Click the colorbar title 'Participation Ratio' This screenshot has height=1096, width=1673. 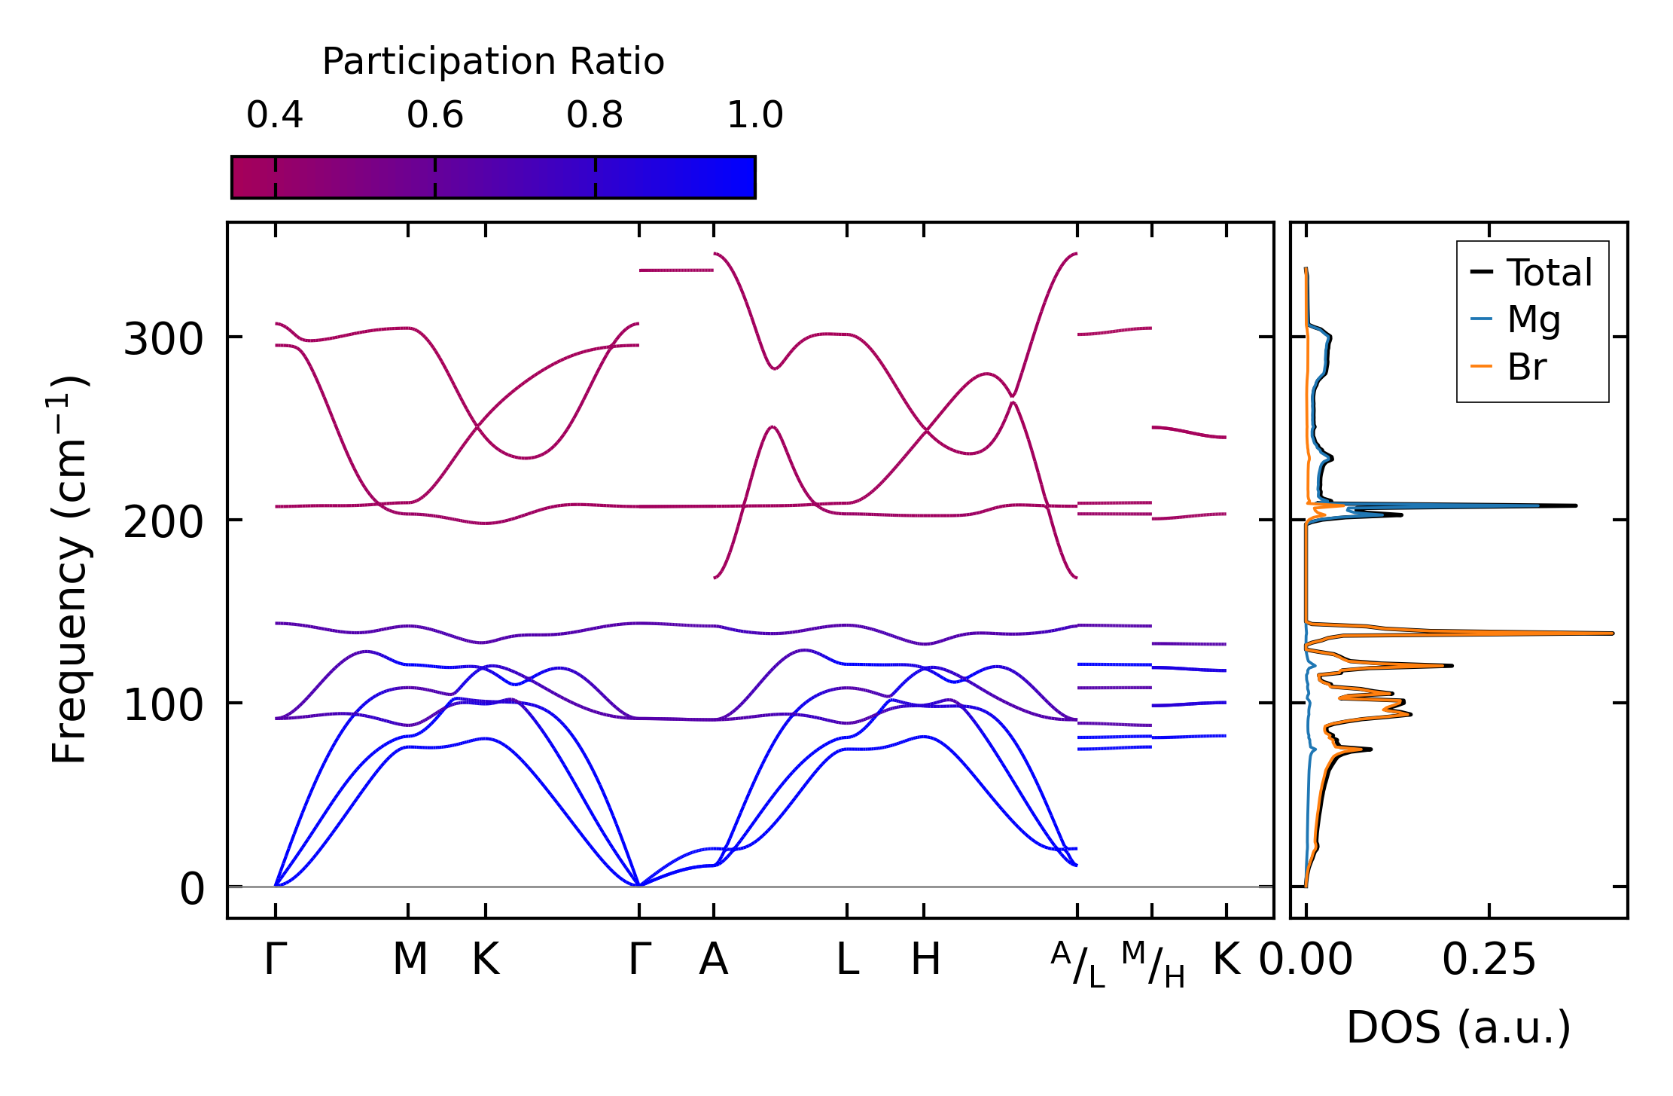493,62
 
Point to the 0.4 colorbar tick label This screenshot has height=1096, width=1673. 275,115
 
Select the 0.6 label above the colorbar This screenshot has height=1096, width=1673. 435,115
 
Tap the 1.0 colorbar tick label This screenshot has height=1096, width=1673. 755,115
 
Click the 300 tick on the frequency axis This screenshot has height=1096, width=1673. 163,340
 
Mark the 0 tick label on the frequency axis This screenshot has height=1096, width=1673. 191,889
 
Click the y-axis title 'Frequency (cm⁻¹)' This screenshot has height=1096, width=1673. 69,570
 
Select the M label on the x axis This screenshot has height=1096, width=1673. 410,960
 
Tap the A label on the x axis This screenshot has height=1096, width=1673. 714,960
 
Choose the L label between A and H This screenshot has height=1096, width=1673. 848,960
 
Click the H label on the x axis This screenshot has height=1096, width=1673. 925,960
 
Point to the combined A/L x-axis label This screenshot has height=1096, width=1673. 1078,965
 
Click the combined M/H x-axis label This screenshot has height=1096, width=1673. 1153,965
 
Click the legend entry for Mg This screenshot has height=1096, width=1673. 1533,319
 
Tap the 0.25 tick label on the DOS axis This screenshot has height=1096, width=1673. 1489,960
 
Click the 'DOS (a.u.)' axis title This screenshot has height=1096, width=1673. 1458,1027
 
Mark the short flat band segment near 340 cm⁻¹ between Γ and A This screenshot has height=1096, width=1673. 675,270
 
